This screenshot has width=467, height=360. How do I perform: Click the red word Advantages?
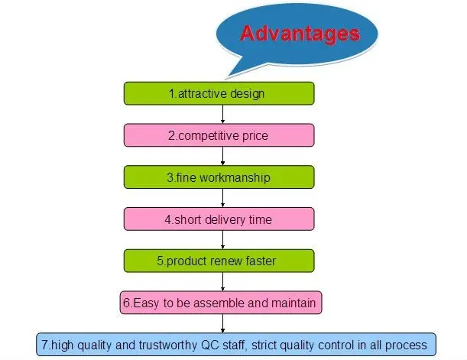[299, 34]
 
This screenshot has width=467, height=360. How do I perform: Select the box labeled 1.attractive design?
[219, 93]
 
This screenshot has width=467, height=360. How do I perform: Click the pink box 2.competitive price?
[219, 135]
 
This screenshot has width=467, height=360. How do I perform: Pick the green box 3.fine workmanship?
[219, 177]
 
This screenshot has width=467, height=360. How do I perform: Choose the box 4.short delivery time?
[219, 219]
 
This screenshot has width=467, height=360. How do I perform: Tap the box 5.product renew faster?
[219, 261]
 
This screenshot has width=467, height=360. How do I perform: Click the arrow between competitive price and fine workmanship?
[222, 156]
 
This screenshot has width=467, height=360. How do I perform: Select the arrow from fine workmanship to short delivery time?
[222, 198]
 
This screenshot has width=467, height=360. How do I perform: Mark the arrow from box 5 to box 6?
[222, 281]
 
